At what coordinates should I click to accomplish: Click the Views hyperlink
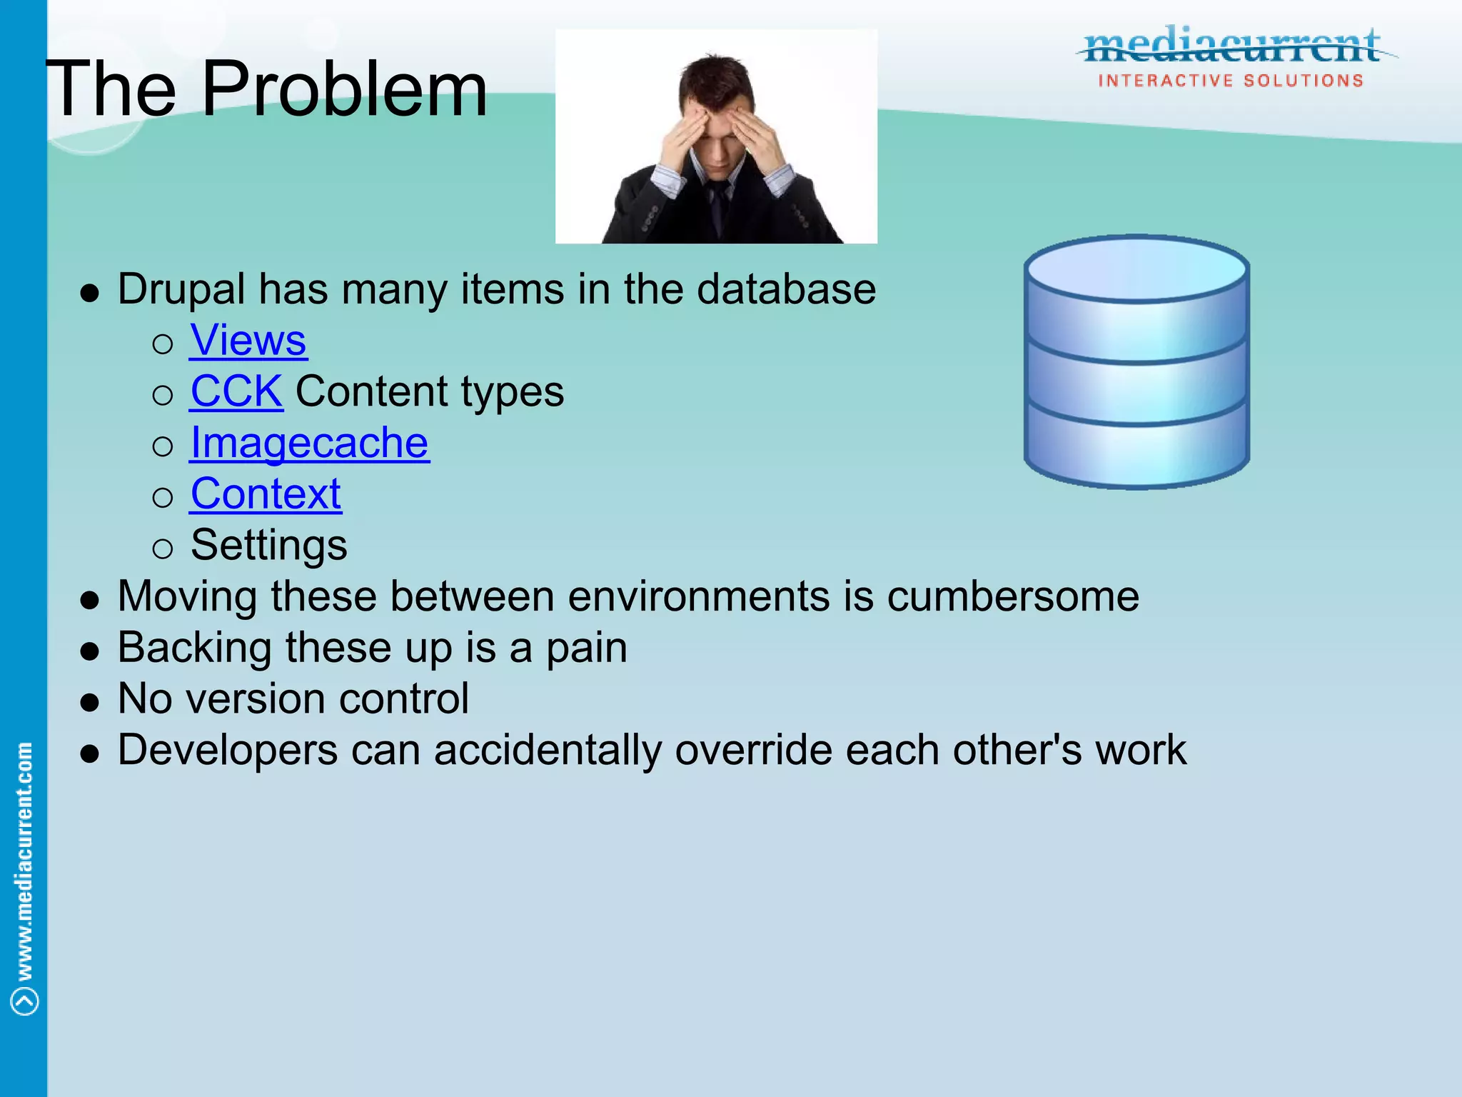248,340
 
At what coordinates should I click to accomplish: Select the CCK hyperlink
236,391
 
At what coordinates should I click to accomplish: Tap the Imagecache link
309,443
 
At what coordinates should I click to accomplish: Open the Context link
266,494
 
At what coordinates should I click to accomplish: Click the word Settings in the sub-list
269,546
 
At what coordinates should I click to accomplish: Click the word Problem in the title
344,90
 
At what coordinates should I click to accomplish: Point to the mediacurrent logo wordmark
1231,46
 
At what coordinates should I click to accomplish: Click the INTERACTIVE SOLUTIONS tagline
1231,81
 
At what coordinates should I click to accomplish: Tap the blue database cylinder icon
1136,362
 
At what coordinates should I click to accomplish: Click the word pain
586,648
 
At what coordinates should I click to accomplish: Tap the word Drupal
181,290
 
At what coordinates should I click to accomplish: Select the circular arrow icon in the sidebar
25,1001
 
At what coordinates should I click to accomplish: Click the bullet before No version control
90,703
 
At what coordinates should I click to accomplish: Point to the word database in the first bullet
786,289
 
